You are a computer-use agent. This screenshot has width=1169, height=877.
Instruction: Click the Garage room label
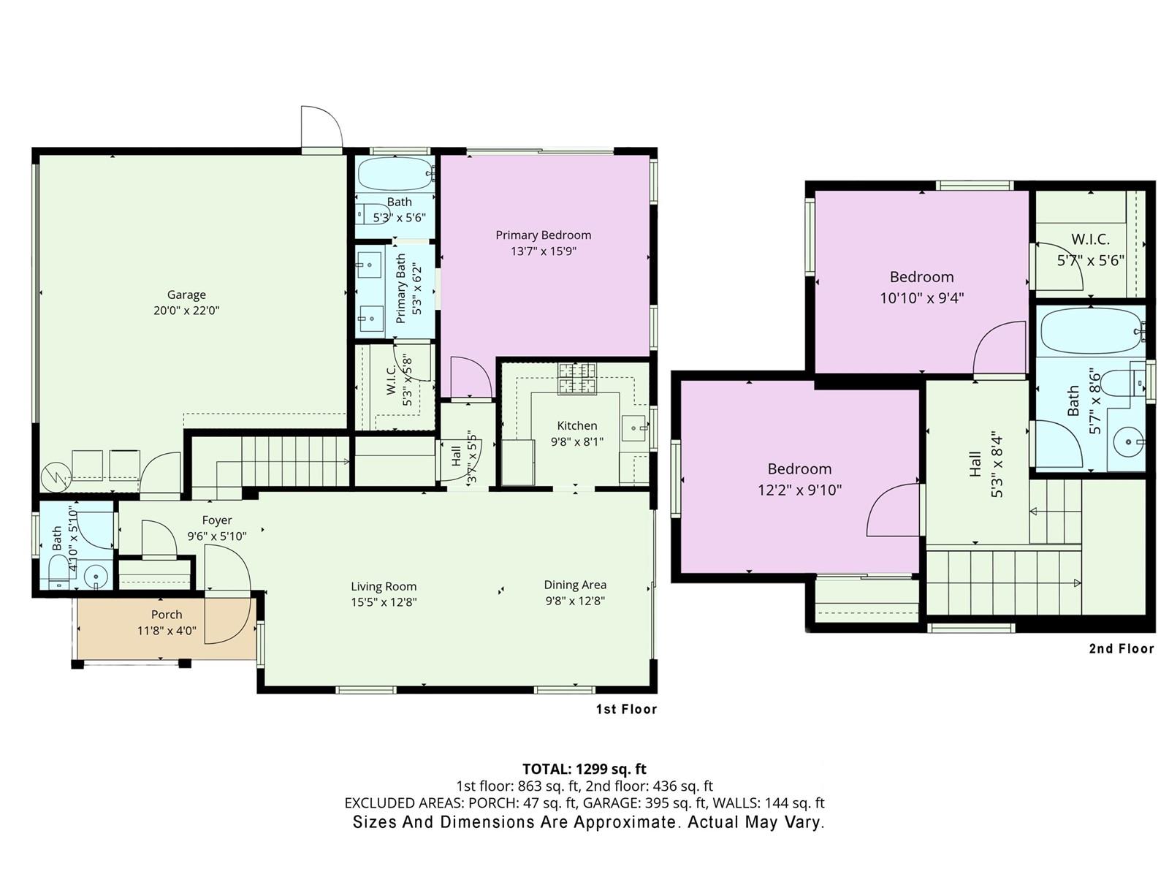(186, 295)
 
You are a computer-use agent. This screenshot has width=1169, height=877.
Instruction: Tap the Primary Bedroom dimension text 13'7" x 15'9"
(544, 251)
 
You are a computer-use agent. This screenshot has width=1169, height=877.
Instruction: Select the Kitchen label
(576, 425)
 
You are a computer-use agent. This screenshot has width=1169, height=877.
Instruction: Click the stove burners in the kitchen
(576, 378)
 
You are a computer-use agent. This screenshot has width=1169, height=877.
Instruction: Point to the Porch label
(167, 615)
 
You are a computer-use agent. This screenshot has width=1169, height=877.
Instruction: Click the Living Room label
(384, 586)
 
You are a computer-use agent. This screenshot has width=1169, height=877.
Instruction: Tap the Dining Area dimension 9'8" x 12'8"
(575, 601)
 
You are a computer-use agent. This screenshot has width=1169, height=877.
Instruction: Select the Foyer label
(217, 520)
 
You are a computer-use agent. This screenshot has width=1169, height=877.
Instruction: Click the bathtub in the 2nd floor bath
(1091, 330)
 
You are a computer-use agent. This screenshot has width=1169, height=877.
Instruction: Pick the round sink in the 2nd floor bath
(1128, 442)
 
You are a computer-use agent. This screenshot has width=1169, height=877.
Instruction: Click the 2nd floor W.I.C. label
(1091, 239)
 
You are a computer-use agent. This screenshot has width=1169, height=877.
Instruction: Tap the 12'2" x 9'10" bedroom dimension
(799, 490)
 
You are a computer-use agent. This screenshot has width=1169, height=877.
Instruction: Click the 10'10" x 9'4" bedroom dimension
(922, 298)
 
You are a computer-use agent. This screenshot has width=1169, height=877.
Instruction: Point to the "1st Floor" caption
(626, 709)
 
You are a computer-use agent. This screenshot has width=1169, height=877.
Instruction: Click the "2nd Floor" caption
(1122, 648)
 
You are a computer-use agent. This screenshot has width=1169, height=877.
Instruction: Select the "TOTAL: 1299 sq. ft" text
(584, 769)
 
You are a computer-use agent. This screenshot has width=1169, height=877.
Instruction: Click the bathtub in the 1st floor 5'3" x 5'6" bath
(395, 173)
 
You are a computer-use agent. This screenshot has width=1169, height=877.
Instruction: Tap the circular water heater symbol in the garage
(56, 476)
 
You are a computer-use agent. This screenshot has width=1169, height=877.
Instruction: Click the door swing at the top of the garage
(321, 126)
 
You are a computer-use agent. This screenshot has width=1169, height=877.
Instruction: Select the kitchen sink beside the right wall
(633, 428)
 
